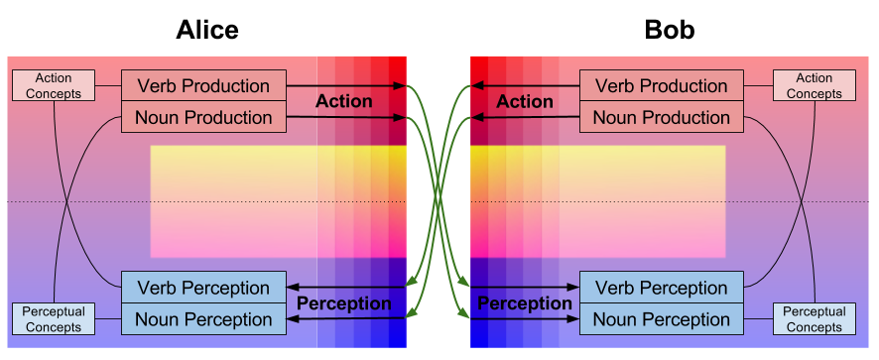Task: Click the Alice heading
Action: [207, 30]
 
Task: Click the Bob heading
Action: [670, 30]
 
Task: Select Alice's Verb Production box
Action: [203, 86]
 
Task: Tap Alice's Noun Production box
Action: [203, 118]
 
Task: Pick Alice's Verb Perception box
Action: [203, 289]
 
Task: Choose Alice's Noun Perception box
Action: [203, 319]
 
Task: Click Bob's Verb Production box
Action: [662, 86]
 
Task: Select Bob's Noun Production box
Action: [662, 118]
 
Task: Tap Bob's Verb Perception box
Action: [662, 289]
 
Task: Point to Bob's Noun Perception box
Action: [662, 319]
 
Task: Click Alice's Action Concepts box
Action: [54, 86]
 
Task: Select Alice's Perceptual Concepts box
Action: [54, 319]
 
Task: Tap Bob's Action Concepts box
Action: [815, 86]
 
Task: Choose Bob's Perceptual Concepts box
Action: [815, 319]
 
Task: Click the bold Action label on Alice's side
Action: [344, 102]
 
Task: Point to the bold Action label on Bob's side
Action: [525, 102]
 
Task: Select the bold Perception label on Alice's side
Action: [344, 303]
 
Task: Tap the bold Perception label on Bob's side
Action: [525, 303]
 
